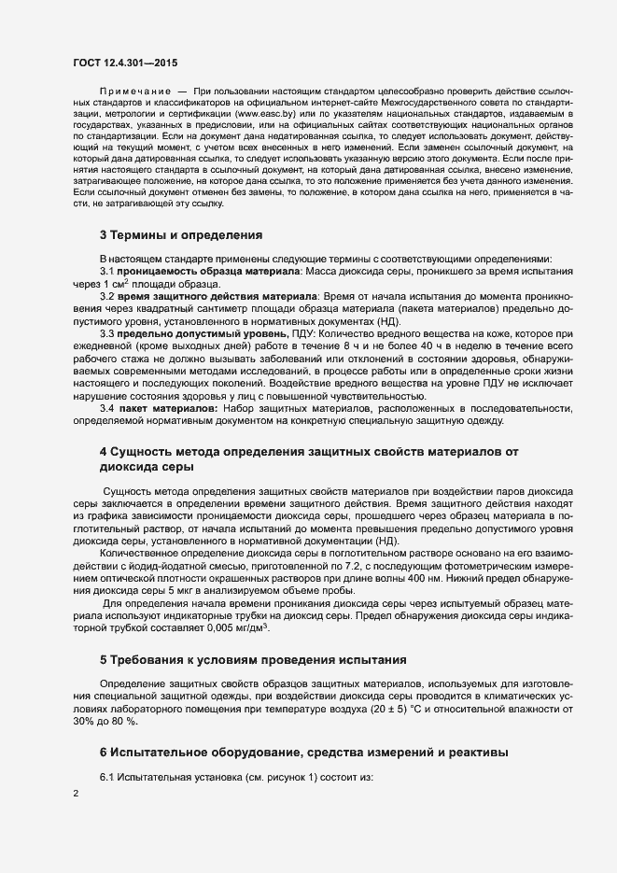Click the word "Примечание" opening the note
(x=136, y=90)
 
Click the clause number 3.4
(x=107, y=408)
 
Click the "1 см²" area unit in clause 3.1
(x=119, y=282)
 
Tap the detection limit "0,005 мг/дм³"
(x=235, y=627)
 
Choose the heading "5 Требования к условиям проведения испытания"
(x=252, y=660)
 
